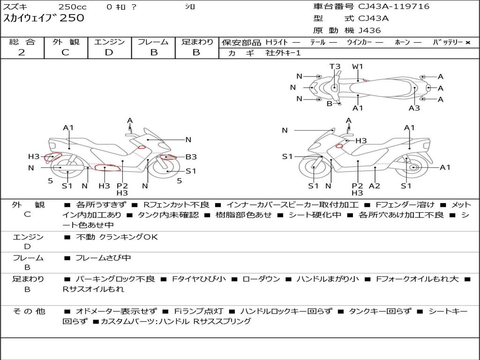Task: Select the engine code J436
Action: click(x=370, y=30)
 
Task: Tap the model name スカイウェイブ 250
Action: click(x=44, y=18)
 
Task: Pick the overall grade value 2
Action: click(x=22, y=52)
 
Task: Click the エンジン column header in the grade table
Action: click(x=109, y=42)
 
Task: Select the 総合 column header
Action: click(x=22, y=42)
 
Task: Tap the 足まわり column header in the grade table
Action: click(x=197, y=42)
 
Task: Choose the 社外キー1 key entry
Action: click(x=284, y=53)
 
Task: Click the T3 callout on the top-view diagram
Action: click(x=335, y=67)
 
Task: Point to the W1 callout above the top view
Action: click(x=358, y=67)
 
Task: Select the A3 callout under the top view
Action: click(x=414, y=108)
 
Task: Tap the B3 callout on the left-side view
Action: click(x=191, y=157)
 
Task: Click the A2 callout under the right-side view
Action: click(x=375, y=186)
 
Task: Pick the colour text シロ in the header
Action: click(x=190, y=7)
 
